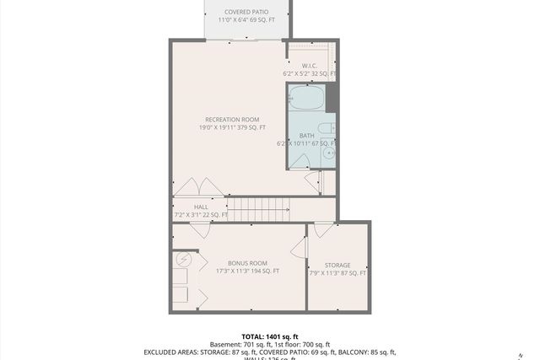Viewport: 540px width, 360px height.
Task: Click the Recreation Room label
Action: (x=232, y=119)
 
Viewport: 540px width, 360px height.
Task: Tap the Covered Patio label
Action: (x=246, y=12)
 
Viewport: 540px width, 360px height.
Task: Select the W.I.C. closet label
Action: (x=309, y=66)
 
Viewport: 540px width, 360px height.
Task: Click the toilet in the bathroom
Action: (x=330, y=129)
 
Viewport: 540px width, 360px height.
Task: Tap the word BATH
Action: (x=307, y=135)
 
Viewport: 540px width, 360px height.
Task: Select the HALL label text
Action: (x=201, y=207)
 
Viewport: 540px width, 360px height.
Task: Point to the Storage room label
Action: (x=337, y=266)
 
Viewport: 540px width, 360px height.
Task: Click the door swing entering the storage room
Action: (x=323, y=230)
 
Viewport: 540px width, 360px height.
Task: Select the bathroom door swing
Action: (x=311, y=181)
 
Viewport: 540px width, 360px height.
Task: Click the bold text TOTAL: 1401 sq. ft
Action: (x=269, y=335)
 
